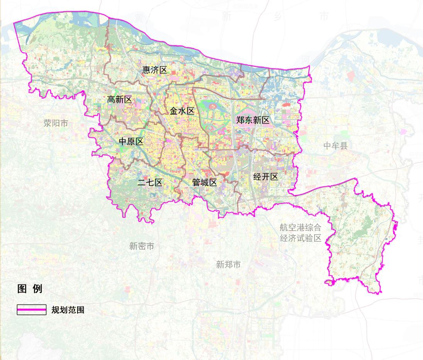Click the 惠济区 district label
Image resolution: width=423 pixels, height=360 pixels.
pyautogui.click(x=154, y=70)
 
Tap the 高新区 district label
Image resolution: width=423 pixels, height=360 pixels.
pyautogui.click(x=119, y=100)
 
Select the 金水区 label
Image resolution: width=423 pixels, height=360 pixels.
pyautogui.click(x=182, y=112)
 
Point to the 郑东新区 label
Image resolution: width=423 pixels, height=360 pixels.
pyautogui.click(x=253, y=120)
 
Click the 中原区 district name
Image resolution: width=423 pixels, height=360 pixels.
pyautogui.click(x=131, y=142)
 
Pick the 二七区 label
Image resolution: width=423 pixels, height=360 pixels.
pyautogui.click(x=150, y=183)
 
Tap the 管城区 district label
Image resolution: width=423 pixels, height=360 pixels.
pyautogui.click(x=205, y=183)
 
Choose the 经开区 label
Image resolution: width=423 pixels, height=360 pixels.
pyautogui.click(x=266, y=177)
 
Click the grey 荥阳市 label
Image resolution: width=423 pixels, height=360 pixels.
pyautogui.click(x=56, y=123)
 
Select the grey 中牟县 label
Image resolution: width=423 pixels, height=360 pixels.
pyautogui.click(x=335, y=145)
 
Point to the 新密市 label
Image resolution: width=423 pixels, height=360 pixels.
pyautogui.click(x=142, y=246)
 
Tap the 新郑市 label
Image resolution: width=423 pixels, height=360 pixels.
pyautogui.click(x=228, y=264)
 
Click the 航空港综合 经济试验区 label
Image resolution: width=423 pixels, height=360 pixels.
pyautogui.click(x=301, y=233)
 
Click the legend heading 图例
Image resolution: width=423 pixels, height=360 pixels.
pyautogui.click(x=30, y=289)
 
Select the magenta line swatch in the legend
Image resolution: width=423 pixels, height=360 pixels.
pyautogui.click(x=32, y=310)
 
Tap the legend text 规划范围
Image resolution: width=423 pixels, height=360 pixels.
pyautogui.click(x=68, y=310)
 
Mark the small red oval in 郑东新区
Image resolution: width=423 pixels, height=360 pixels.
pyautogui.click(x=286, y=105)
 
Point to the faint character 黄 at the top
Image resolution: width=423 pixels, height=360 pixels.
pyautogui.click(x=139, y=17)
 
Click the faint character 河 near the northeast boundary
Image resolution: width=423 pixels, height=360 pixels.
pyautogui.click(x=306, y=59)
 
